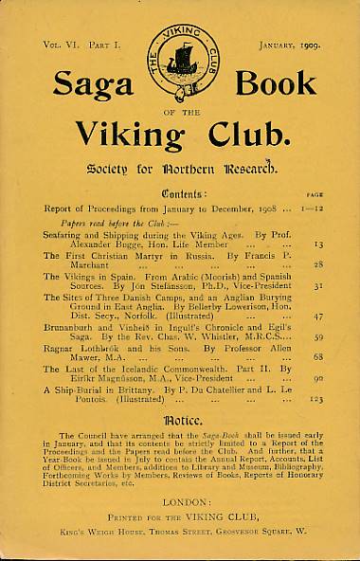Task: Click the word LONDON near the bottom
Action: (180, 507)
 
